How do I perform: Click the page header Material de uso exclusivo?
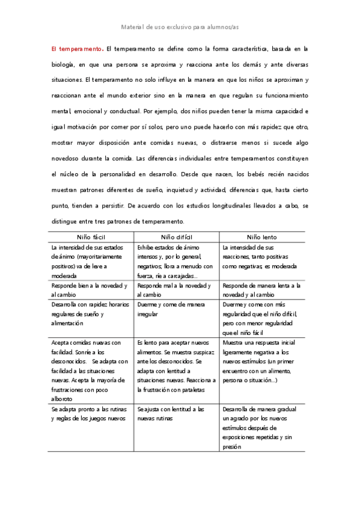click(x=180, y=27)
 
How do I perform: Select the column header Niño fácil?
click(x=91, y=237)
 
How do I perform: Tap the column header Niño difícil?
click(x=177, y=237)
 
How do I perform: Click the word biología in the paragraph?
click(x=63, y=64)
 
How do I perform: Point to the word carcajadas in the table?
click(x=183, y=275)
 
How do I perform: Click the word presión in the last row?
click(x=231, y=446)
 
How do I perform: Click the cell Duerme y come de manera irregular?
click(x=171, y=309)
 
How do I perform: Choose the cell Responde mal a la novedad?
click(x=174, y=290)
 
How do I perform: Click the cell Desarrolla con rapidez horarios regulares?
click(x=90, y=313)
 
